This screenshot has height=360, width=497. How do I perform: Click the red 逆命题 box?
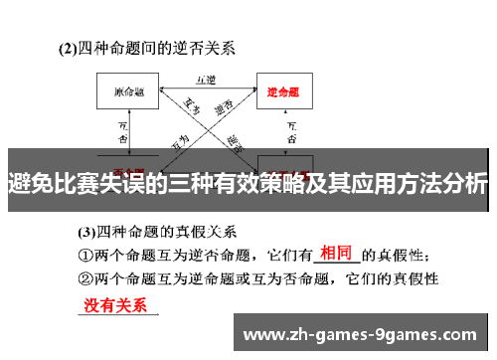pyautogui.click(x=284, y=92)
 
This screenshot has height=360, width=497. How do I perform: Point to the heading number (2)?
pyautogui.click(x=68, y=47)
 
